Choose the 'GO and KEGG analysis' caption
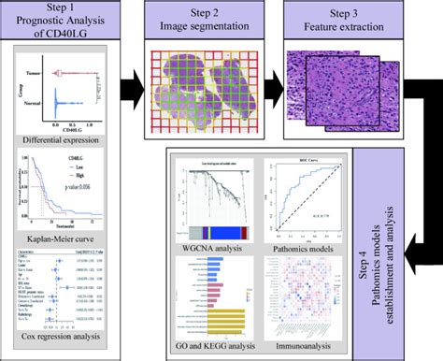214,347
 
